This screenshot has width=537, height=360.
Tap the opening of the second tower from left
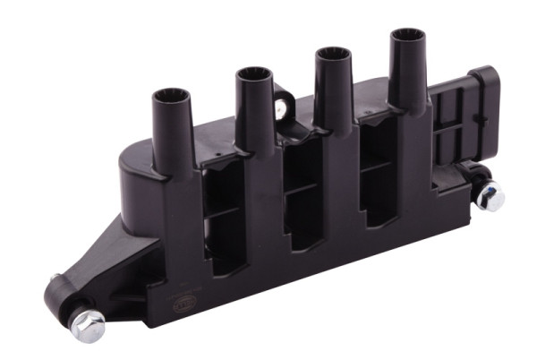coord(253,73)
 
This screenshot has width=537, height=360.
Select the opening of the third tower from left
coord(332,53)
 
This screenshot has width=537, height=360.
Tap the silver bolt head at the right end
coord(490,195)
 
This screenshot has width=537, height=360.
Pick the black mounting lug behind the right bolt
coord(474,175)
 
